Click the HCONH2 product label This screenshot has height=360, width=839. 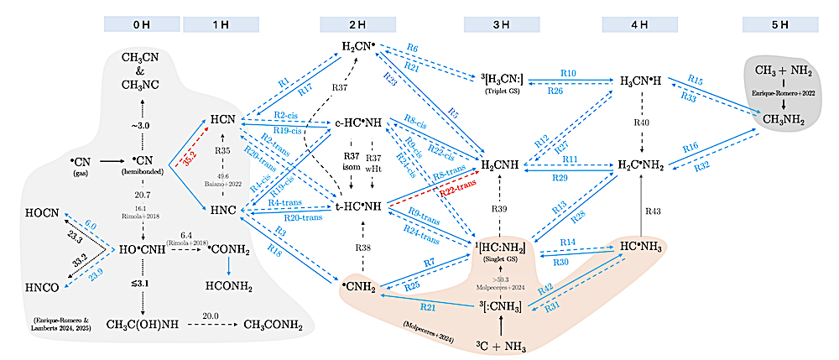pyautogui.click(x=228, y=284)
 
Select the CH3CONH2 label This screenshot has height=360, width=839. pyautogui.click(x=279, y=324)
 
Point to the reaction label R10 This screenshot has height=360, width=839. pyautogui.click(x=569, y=75)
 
